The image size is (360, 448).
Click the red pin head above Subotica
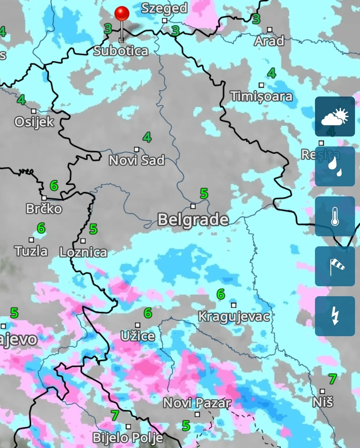tap(122, 14)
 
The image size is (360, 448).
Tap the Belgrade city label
tap(193, 220)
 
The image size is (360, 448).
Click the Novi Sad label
tap(137, 160)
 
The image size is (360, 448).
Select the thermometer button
tap(335, 217)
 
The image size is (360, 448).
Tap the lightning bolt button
tap(335, 316)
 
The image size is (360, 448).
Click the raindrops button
tap(335, 166)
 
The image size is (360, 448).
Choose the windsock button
tap(335, 266)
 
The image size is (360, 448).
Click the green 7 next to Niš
tap(332, 379)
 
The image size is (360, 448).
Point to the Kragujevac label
tap(234, 316)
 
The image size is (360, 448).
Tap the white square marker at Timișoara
tap(261, 85)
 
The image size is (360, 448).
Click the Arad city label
tap(269, 41)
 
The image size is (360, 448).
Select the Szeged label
tap(164, 8)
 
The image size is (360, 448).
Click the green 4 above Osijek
tap(21, 100)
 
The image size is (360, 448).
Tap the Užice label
tap(138, 336)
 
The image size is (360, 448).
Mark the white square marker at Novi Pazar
tap(197, 414)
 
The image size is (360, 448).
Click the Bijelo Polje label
tap(128, 438)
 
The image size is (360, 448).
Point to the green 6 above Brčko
tap(54, 186)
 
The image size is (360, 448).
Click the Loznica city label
tap(83, 252)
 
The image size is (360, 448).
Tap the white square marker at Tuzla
tap(31, 240)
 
